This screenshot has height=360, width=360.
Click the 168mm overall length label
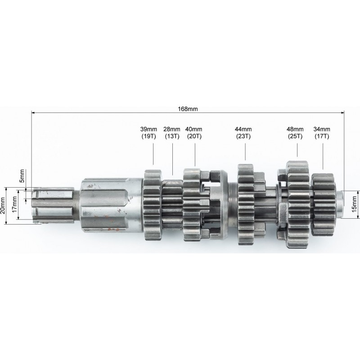coord(188,108)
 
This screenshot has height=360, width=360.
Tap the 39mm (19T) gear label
coord(149,133)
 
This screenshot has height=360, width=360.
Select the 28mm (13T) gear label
coord(172,133)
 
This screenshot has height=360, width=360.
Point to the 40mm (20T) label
coord(194,133)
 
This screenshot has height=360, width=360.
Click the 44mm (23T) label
coord(243,133)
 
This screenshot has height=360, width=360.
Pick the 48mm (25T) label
coord(295,133)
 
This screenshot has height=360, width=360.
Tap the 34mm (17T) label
coord(322,133)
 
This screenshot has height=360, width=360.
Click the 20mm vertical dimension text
coord(3,205)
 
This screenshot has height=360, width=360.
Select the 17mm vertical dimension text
coord(14,204)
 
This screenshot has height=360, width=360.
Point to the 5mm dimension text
coord(22,175)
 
